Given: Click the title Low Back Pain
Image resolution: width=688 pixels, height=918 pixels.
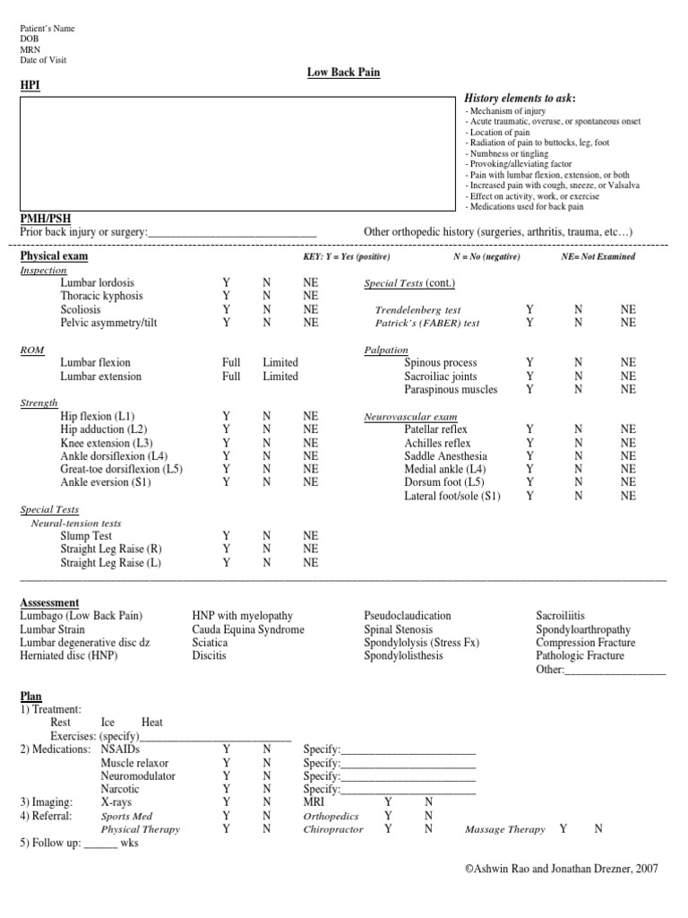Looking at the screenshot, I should pos(344,72).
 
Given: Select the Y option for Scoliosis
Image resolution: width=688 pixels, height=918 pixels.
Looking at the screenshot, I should pos(226,309).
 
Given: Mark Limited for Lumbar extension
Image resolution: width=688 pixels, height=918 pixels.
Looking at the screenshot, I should pos(280,377).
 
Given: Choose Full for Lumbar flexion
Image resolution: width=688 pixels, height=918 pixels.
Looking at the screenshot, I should pos(231,363).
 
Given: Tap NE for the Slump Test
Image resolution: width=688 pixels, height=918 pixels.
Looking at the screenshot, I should pos(311,536).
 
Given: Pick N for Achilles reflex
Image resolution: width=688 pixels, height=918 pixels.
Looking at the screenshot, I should pos(578,443).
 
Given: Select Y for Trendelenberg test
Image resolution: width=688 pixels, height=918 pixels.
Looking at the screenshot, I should pos(530,309).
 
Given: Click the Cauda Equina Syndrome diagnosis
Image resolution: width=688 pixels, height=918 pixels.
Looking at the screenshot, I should pos(248,629).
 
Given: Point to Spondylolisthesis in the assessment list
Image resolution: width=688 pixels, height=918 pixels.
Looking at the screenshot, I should pos(403,655).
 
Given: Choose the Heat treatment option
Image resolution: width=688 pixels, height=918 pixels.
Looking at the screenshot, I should pos(152,722).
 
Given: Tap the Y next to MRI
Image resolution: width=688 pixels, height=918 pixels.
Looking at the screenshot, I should pos(388,802).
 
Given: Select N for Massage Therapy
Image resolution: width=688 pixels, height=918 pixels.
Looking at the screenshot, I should pos(598,829).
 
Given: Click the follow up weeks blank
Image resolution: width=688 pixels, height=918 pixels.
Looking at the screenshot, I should pos(100,844).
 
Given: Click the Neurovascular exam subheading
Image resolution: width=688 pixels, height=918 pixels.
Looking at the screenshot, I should pos(410,417).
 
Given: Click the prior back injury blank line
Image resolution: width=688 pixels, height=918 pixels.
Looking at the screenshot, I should pos(232,232).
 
